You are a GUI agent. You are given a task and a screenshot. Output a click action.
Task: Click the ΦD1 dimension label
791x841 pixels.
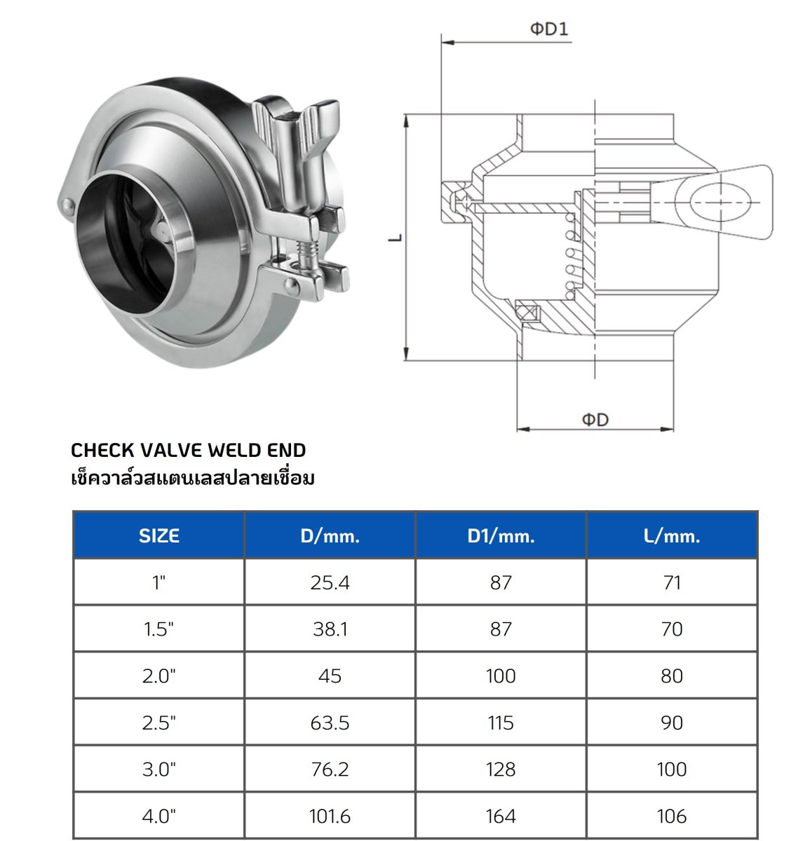click(x=548, y=29)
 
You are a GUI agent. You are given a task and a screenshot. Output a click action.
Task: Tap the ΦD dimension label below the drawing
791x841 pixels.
click(x=595, y=420)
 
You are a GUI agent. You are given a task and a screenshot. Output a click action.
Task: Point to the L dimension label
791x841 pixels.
click(x=395, y=238)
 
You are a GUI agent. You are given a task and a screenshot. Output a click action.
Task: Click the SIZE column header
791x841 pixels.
click(x=159, y=535)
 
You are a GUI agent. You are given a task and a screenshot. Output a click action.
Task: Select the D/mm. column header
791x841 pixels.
click(x=330, y=536)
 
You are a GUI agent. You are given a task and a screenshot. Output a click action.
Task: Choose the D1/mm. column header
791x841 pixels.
click(x=501, y=536)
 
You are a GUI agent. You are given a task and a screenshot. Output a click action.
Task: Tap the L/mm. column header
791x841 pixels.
click(x=672, y=536)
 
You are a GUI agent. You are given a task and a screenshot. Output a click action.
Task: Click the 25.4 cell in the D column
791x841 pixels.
click(x=330, y=582)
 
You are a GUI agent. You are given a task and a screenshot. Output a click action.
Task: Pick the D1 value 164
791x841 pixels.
click(x=501, y=816)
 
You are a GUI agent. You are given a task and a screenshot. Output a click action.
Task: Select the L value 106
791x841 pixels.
click(x=672, y=816)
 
